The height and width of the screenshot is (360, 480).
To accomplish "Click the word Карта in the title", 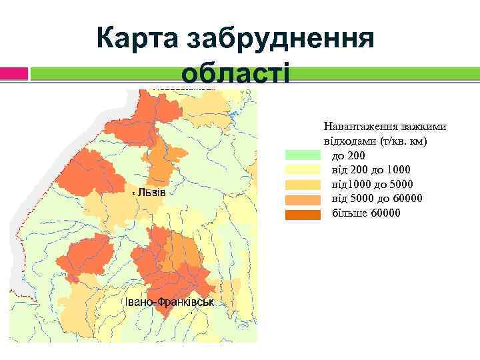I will [137, 38].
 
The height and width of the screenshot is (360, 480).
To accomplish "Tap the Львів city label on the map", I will [155, 192].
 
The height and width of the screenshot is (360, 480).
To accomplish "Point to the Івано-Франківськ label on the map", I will [167, 302].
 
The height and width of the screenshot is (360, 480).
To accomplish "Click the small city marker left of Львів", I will [133, 192].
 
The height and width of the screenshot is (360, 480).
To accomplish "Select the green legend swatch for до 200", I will [304, 155].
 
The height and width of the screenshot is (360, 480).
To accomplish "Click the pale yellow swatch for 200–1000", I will [304, 169].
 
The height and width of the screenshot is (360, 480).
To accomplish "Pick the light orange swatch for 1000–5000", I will [304, 184].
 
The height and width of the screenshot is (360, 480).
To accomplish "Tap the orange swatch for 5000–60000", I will [304, 199].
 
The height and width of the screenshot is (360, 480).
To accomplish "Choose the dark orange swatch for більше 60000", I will [304, 213].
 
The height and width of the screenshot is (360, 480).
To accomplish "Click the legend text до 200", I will [348, 155].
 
